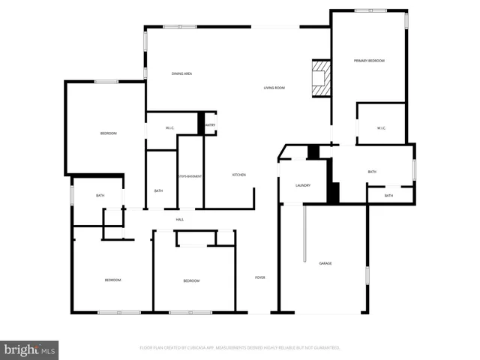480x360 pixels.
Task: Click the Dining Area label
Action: point(183,73)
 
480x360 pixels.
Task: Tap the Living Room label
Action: point(274,88)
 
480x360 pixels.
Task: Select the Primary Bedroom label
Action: point(369,60)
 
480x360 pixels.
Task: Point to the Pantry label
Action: point(211,124)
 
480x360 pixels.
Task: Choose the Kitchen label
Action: point(238,175)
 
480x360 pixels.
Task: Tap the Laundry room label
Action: point(303,184)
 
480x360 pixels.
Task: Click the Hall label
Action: point(180,219)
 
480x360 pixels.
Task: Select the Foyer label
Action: point(259,277)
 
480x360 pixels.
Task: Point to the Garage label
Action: point(325,263)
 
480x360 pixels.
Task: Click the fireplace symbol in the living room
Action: point(320,78)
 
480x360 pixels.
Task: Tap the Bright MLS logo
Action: point(29,349)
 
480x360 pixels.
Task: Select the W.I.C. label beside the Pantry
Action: point(170,127)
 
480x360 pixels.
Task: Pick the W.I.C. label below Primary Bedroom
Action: point(381,128)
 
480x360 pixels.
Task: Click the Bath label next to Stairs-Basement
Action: point(158,190)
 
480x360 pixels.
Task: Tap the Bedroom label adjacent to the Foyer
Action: point(191,280)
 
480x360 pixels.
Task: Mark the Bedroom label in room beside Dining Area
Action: point(109,133)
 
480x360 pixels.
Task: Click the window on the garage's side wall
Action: point(367,274)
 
